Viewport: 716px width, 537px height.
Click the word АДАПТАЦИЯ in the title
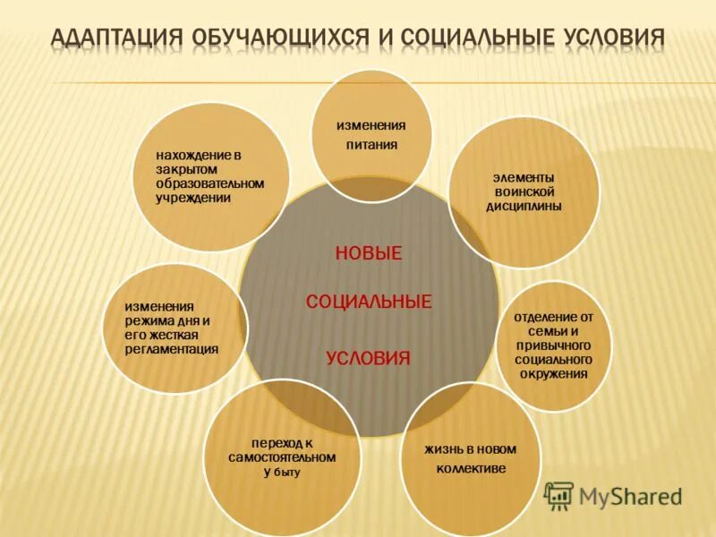(x=114, y=38)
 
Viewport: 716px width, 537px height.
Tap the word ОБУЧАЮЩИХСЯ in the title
(x=282, y=38)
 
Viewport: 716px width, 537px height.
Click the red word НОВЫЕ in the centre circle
(x=369, y=254)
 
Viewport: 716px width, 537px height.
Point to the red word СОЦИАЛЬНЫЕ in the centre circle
(x=369, y=302)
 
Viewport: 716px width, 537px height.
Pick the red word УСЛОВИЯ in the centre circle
(x=369, y=359)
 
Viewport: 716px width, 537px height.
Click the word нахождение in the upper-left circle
(x=191, y=155)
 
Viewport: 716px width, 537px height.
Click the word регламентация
(x=172, y=349)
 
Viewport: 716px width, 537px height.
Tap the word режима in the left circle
(x=147, y=320)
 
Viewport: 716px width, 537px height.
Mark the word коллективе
(x=472, y=468)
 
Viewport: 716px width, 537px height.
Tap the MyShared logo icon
(x=559, y=496)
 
